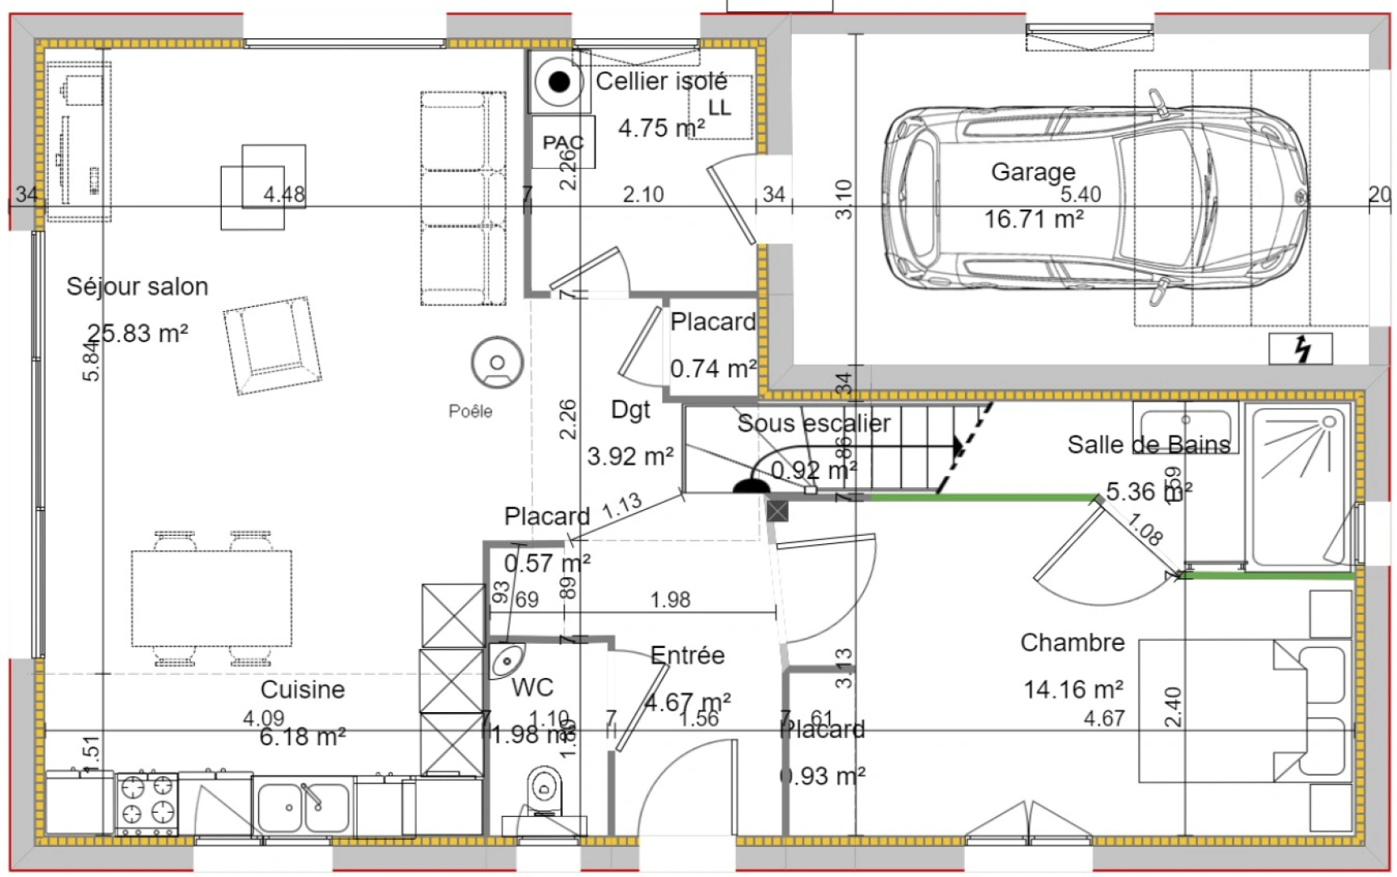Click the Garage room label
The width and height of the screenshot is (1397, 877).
tap(1032, 172)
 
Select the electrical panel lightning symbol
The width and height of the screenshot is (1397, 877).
tap(1300, 348)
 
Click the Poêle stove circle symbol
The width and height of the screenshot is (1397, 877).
tap(496, 362)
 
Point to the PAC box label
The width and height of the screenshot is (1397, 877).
tap(563, 143)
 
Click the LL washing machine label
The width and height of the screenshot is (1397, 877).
tap(719, 107)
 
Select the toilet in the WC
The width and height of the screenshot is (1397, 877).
tap(544, 788)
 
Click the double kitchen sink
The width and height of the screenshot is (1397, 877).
tap(304, 807)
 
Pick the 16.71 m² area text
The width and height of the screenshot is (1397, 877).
tap(1033, 219)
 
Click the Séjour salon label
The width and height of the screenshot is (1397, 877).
tap(137, 287)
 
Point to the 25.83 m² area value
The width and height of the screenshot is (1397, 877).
tap(138, 333)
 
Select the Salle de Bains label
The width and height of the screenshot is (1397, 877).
tap(1148, 445)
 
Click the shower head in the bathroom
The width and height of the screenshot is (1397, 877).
tap(1329, 422)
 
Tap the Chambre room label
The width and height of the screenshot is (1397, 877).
tap(1072, 642)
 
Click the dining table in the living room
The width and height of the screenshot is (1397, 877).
tap(211, 598)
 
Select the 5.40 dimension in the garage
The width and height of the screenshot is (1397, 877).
tap(1080, 195)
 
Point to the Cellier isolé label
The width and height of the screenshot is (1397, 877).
tap(661, 81)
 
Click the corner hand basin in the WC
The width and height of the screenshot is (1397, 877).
tap(505, 659)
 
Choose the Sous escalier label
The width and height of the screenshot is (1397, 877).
tap(813, 423)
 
